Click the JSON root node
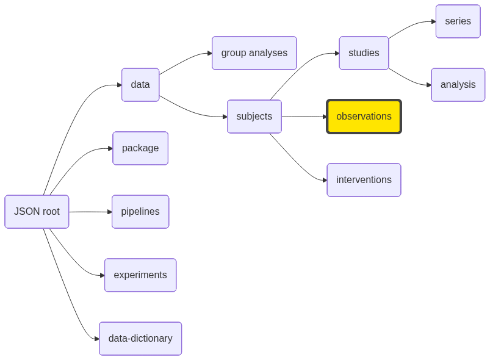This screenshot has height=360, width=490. tap(37, 212)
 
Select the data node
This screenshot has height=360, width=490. tap(140, 85)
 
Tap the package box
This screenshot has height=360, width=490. tap(140, 148)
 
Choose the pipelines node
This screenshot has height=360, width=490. tap(140, 212)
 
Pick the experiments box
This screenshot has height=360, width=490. tap(140, 275)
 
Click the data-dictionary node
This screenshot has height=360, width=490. tap(140, 339)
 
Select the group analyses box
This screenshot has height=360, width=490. tap(254, 53)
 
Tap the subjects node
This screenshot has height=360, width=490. tap(254, 117)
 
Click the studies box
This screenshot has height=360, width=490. tap(364, 53)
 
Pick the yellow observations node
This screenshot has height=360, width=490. tap(364, 117)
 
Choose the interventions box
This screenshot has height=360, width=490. tap(364, 180)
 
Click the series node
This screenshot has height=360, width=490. tap(458, 21)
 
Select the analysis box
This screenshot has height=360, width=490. tap(458, 85)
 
